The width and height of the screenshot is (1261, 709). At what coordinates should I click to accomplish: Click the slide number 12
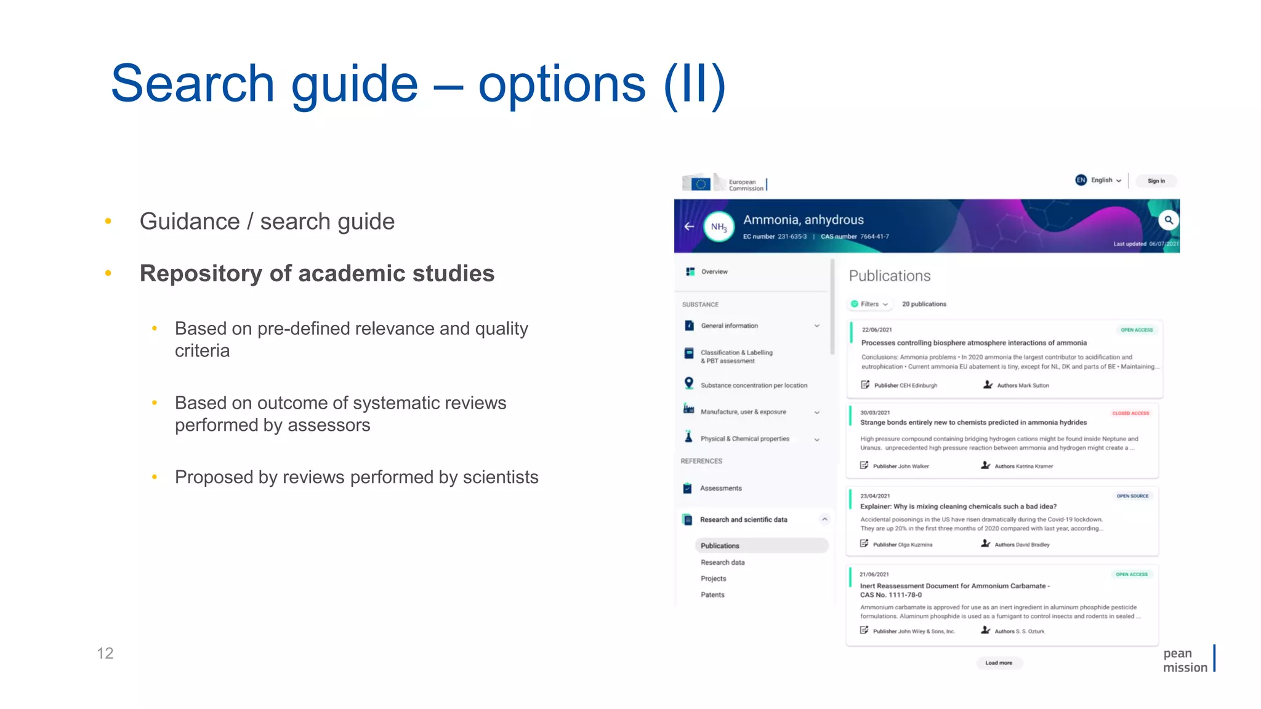(105, 653)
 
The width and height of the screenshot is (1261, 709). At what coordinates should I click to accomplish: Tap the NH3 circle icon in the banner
(719, 226)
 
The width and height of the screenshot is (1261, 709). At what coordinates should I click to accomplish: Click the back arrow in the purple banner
(689, 226)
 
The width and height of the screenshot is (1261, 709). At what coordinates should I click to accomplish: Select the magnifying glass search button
(1168, 220)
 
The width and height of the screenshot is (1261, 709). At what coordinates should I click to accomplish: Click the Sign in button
(1156, 181)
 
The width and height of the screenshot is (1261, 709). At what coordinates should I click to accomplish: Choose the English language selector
(1099, 180)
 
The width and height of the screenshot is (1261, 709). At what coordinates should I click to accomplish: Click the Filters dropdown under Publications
(869, 304)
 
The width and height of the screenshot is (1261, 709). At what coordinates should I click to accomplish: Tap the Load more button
(998, 663)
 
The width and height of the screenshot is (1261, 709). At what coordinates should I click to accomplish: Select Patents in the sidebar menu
(712, 595)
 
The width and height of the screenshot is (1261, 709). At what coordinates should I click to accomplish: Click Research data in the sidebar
(722, 563)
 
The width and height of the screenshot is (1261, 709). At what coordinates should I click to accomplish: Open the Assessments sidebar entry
(720, 488)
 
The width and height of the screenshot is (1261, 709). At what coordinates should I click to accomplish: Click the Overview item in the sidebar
(714, 271)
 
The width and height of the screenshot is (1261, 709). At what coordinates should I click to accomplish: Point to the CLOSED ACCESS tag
(1130, 413)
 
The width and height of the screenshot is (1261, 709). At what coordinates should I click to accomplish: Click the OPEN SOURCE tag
(1132, 496)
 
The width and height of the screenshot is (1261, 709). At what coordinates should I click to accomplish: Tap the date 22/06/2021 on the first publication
(877, 330)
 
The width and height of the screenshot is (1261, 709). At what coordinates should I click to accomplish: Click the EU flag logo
(700, 183)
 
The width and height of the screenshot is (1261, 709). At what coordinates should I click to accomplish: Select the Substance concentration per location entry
(754, 385)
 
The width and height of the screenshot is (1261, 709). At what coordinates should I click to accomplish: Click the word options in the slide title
(562, 84)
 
